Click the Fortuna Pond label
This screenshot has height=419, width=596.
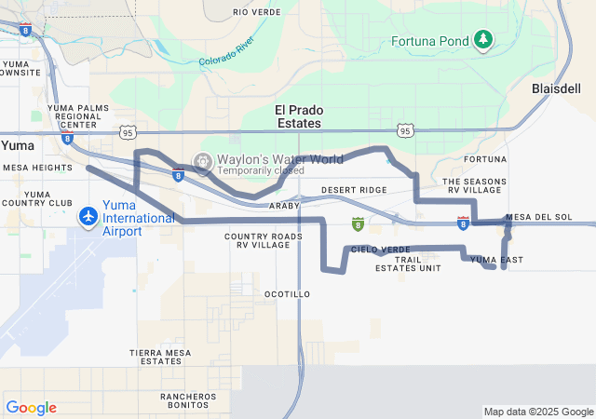tap(430, 41)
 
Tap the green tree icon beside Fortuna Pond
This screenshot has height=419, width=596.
tap(482, 39)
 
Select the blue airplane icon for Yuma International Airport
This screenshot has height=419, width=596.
tap(88, 217)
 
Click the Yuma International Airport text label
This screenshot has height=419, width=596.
tap(139, 218)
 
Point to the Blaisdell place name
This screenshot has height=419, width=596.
tap(555, 88)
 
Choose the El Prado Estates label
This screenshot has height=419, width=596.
tap(298, 116)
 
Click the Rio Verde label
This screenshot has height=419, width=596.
tap(257, 12)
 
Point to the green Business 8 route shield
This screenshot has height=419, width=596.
tap(358, 223)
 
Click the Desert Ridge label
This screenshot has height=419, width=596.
tap(354, 190)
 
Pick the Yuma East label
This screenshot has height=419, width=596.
tap(497, 260)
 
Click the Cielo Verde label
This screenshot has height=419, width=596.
tap(381, 250)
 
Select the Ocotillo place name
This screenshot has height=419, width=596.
tap(287, 294)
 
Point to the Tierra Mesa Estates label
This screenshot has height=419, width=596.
tap(160, 357)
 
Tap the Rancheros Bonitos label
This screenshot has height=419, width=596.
tap(189, 401)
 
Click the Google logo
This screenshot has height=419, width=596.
tap(31, 408)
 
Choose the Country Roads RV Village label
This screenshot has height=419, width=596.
tap(264, 241)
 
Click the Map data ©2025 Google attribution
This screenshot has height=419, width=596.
tap(538, 412)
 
